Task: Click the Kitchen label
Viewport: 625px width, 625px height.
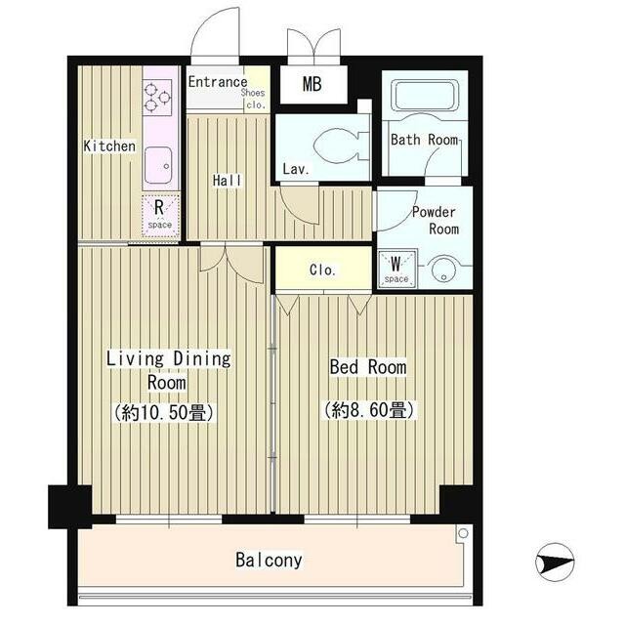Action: [109, 146]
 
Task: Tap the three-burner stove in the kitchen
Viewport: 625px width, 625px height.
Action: [157, 98]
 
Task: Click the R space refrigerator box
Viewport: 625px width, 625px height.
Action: [160, 216]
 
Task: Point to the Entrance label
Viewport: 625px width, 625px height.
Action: [218, 82]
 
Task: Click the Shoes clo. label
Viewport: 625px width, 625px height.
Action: [253, 99]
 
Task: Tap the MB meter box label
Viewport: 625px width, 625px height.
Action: [312, 84]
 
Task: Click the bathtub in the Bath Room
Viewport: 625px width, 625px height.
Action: [425, 96]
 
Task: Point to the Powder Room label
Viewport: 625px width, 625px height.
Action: [435, 221]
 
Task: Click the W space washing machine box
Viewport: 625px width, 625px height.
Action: [396, 269]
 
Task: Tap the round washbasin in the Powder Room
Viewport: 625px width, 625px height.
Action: [443, 270]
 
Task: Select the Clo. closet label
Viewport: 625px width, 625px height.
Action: [322, 270]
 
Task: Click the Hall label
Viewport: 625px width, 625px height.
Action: [227, 180]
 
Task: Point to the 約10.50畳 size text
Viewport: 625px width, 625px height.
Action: [165, 412]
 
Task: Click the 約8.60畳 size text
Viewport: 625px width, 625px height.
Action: [369, 410]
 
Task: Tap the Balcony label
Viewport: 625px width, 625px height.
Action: [269, 560]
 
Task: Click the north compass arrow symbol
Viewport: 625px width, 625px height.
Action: [555, 562]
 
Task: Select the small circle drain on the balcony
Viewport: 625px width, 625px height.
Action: [463, 532]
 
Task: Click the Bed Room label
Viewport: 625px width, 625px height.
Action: [368, 367]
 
